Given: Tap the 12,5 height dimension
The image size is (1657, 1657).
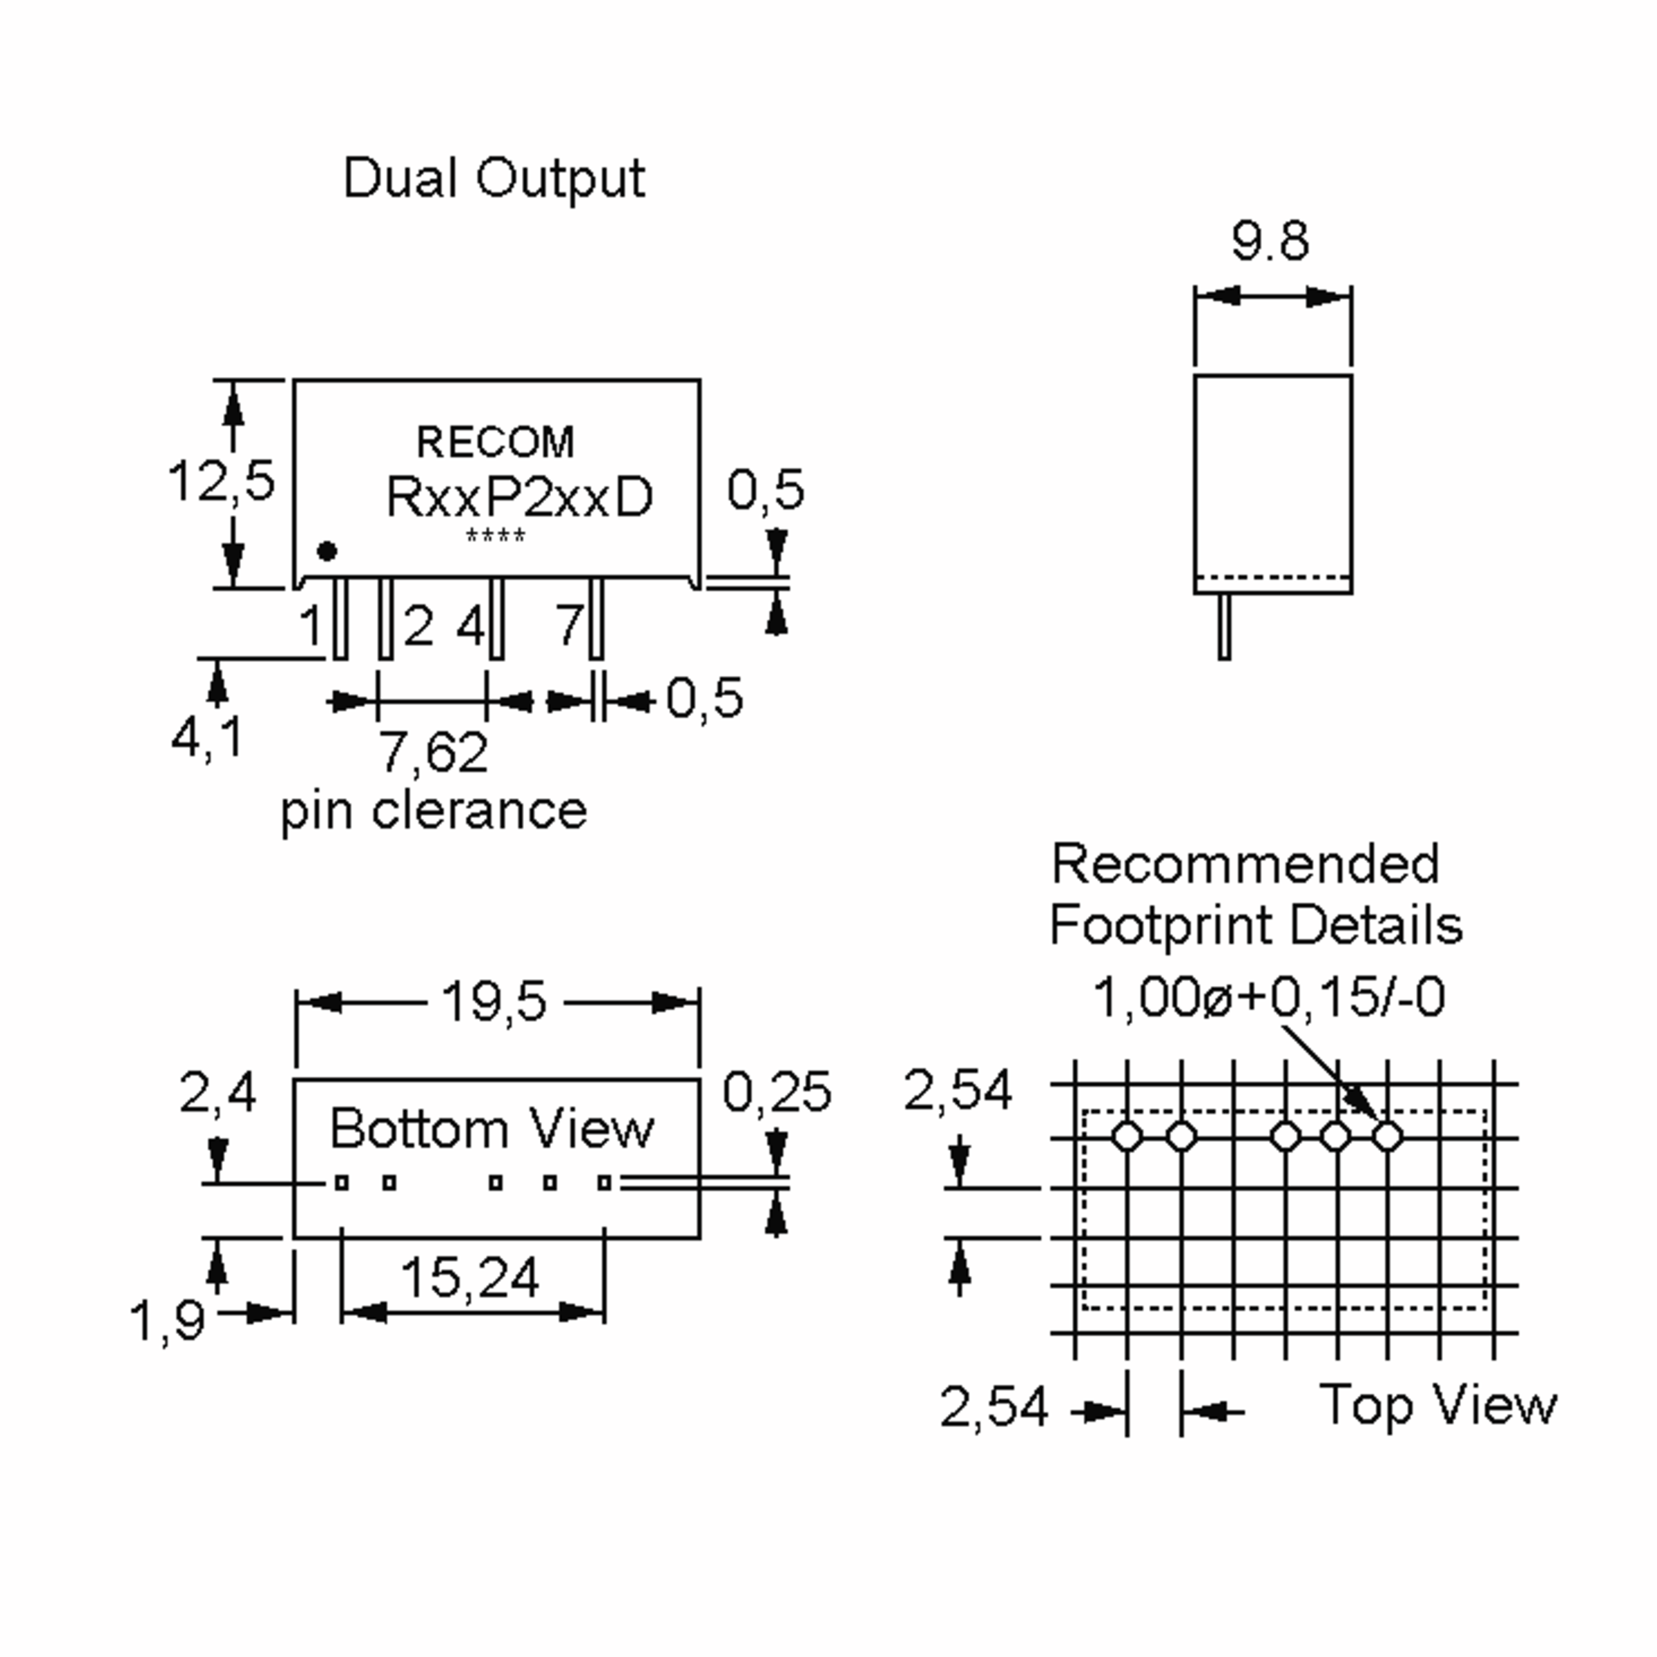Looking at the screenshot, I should click(x=221, y=481).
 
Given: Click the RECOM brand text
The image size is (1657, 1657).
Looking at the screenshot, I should click(x=495, y=443).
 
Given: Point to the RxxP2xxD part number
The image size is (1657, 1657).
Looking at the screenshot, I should click(x=520, y=496).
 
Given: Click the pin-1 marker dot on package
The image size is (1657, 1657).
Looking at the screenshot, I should click(x=327, y=552).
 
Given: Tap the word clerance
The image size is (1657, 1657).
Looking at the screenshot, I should click(x=479, y=811).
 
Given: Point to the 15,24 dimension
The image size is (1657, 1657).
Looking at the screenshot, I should click(x=470, y=1278).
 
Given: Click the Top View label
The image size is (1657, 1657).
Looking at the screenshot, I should click(x=1437, y=1405).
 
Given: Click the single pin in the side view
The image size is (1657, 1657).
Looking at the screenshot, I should click(x=1225, y=626).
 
